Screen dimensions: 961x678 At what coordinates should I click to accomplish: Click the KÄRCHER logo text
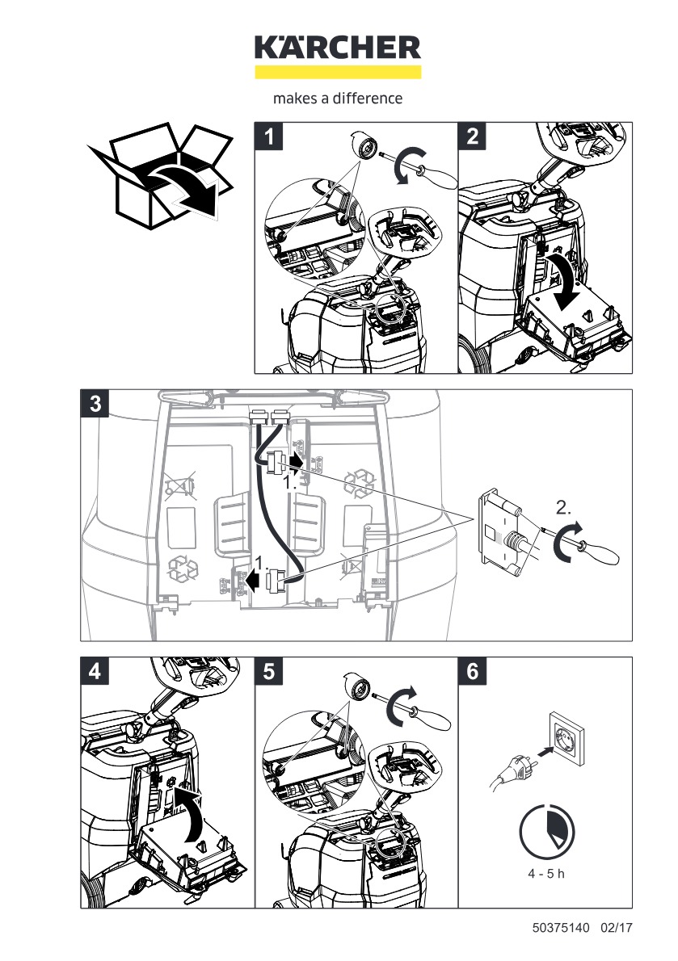(x=338, y=48)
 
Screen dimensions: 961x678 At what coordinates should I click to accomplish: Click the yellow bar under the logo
(x=338, y=72)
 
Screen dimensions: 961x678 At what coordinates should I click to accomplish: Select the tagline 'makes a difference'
(x=338, y=99)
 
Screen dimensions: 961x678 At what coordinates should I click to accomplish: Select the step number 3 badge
(x=95, y=404)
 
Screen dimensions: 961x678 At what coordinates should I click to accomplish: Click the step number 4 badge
(x=95, y=671)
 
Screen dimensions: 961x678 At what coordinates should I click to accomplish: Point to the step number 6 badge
(x=473, y=671)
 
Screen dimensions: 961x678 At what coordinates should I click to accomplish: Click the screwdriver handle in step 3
(x=603, y=556)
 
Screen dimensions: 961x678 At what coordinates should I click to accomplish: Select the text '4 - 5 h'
(x=545, y=875)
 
